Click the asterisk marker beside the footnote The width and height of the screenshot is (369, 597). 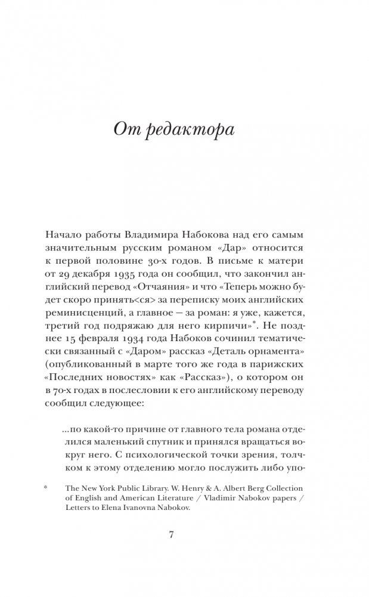46,487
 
